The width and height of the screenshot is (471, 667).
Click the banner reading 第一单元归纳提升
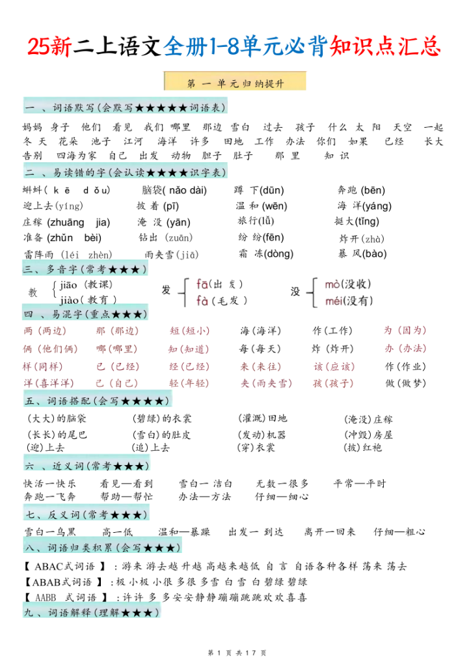pos(235,83)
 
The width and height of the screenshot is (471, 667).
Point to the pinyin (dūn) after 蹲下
pos(271,190)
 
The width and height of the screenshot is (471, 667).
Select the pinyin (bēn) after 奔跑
pos(372,190)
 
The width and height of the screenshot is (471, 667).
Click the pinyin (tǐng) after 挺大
pos(366,221)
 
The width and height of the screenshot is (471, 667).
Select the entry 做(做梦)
pos(406,383)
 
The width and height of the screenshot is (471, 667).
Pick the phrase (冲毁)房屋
pos(368,434)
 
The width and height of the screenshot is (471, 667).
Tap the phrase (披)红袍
pos(362,447)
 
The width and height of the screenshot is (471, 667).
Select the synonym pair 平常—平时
pos(360,483)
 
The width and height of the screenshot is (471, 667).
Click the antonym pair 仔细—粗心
pos(399,532)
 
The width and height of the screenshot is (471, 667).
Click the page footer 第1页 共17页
pos(235,652)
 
